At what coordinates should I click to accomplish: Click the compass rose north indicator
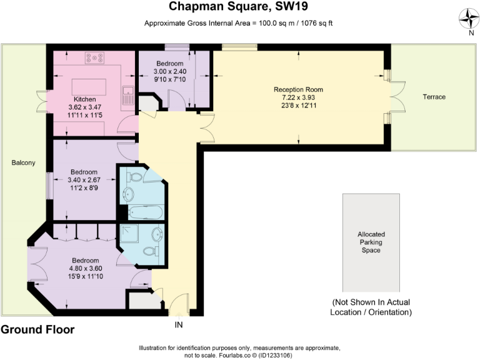[x=468, y=20]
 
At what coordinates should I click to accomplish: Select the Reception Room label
[x=298, y=89]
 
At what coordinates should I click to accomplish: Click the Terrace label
[x=434, y=97]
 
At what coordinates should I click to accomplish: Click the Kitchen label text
[x=84, y=99]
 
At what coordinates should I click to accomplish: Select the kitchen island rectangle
[x=89, y=86]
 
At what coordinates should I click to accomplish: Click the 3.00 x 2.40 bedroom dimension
[x=169, y=71]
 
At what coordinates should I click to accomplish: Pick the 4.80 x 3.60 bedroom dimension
[x=84, y=269]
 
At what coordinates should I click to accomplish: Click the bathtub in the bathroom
[x=144, y=212]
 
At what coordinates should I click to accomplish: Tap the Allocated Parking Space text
[x=370, y=242]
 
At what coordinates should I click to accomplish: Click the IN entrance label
[x=179, y=325]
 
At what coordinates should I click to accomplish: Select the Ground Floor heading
[x=37, y=329]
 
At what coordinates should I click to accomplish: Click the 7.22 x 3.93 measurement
[x=298, y=97]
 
